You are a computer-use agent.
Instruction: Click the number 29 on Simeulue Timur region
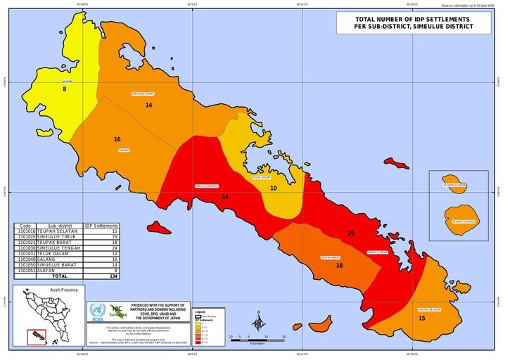(350, 233)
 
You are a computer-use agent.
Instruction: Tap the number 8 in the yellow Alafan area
(64, 89)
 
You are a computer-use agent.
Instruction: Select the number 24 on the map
(225, 197)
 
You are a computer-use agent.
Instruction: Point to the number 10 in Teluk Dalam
(274, 188)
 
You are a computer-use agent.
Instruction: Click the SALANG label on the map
(124, 150)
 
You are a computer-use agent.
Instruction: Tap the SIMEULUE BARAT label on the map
(143, 94)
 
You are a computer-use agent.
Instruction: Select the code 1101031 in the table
(25, 254)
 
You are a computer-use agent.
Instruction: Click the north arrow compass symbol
(260, 323)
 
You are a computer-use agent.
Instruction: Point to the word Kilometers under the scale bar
(257, 344)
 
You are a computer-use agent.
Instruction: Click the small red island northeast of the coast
(399, 165)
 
